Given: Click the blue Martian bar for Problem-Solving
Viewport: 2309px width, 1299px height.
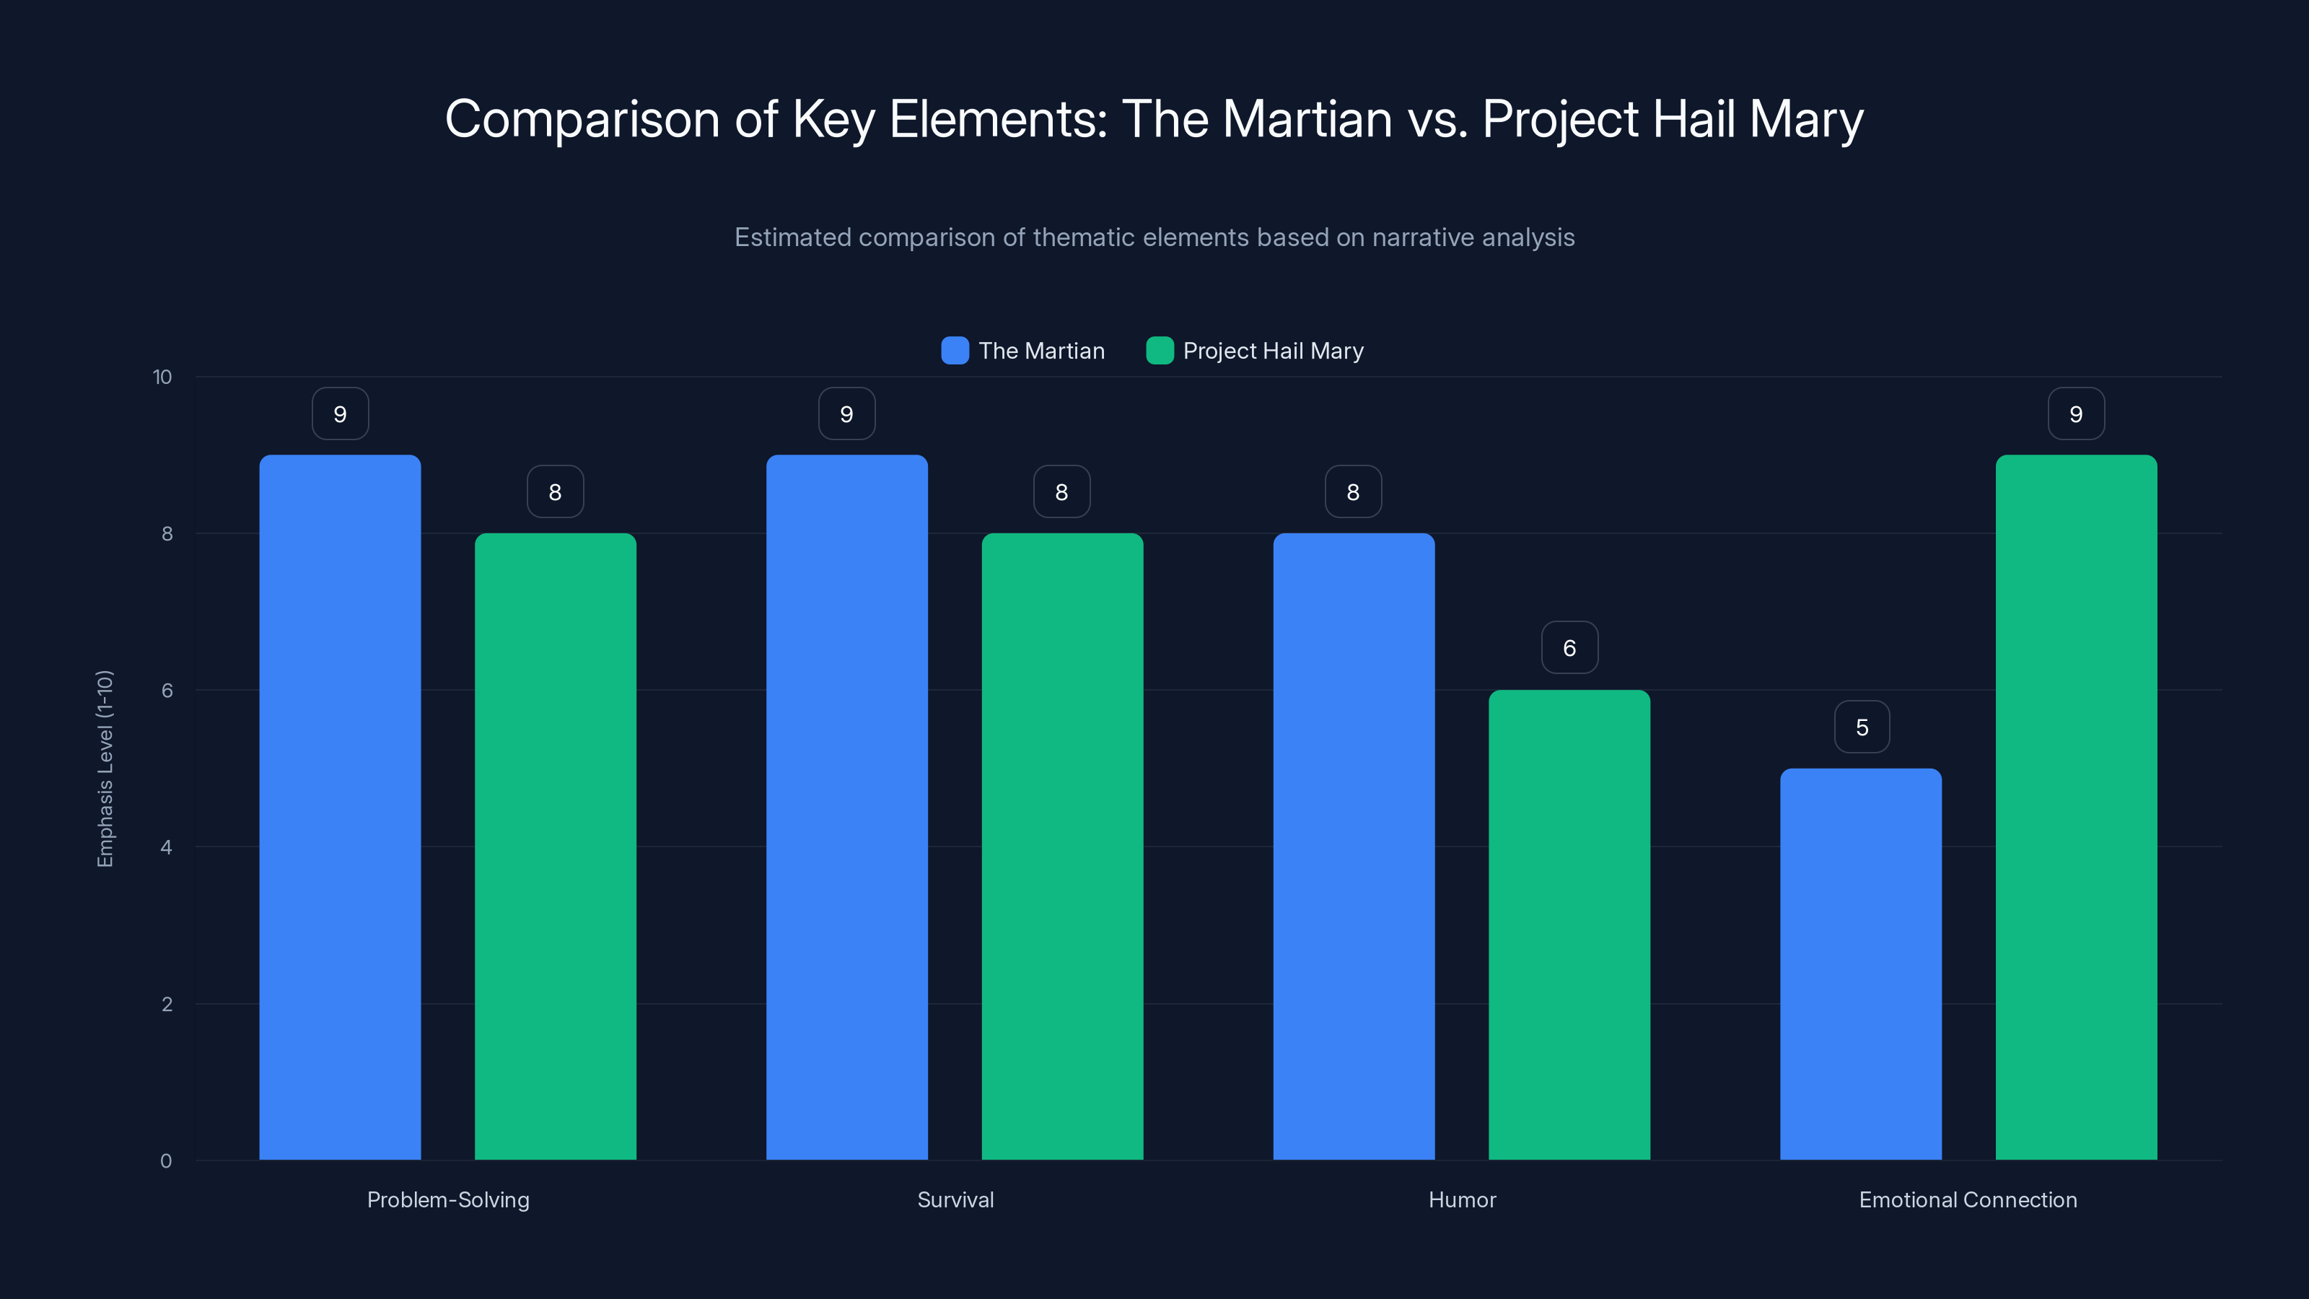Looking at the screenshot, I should (x=340, y=807).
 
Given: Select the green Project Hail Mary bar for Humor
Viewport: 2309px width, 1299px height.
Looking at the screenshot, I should (x=1569, y=924).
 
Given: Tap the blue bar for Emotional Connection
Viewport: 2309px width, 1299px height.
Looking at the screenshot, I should (x=1861, y=963).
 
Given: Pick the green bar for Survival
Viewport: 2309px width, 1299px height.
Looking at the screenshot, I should (x=1062, y=847).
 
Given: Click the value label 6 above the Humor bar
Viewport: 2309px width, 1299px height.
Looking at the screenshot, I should (x=1569, y=647).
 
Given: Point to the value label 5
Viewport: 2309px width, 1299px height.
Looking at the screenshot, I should (x=1862, y=726).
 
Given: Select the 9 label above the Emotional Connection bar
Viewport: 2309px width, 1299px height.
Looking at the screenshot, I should (x=2076, y=414).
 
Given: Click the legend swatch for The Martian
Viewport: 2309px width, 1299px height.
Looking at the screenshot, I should (x=955, y=351).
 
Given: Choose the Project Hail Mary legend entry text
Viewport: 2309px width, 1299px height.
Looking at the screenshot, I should (x=1273, y=351).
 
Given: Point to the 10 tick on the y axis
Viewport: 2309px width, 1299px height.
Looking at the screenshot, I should (x=162, y=377).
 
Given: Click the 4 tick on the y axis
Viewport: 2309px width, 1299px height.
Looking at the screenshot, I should (x=166, y=847).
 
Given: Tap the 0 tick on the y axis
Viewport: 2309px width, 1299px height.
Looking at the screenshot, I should (x=166, y=1161).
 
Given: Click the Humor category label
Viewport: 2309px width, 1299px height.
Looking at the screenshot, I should (x=1462, y=1199).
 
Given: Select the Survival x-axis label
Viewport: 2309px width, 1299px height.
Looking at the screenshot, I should (x=955, y=1199).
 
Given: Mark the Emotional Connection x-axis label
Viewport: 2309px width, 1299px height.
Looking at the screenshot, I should (x=1968, y=1199).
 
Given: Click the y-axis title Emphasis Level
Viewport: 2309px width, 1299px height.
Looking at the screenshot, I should (x=105, y=769).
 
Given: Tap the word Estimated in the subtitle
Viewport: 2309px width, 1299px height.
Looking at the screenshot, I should (x=792, y=237).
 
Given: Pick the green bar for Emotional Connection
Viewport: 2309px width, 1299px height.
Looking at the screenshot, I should (x=2076, y=807).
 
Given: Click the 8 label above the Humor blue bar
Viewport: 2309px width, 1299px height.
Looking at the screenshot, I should (x=1353, y=491).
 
